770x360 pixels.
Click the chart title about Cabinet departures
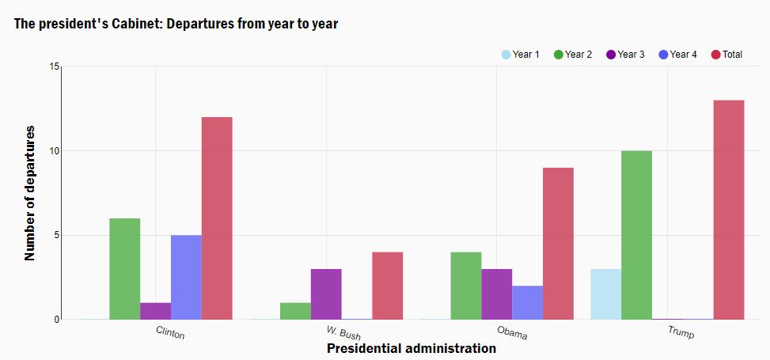[x=176, y=24]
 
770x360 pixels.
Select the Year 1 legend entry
[x=521, y=55]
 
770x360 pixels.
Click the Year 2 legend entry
[x=573, y=55]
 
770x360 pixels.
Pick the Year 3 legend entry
[x=625, y=55]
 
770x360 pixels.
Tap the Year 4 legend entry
[x=677, y=55]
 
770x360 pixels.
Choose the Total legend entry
[x=726, y=55]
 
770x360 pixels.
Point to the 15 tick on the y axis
[x=54, y=66]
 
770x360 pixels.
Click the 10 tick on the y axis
[x=54, y=151]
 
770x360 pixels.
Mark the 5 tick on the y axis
[x=56, y=236]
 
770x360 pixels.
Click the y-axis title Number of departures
[x=30, y=192]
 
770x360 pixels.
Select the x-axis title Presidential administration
[x=411, y=348]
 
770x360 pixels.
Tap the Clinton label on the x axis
[x=170, y=332]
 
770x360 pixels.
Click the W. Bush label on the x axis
[x=343, y=332]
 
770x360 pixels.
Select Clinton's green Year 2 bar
[x=125, y=269]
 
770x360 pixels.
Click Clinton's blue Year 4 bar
[x=186, y=277]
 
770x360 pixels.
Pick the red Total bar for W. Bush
[x=388, y=286]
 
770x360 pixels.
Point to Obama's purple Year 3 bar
[x=496, y=294]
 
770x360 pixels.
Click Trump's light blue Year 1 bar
[x=606, y=294]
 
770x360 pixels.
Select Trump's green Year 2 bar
[x=636, y=235]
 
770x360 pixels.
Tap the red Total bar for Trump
[x=729, y=210]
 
